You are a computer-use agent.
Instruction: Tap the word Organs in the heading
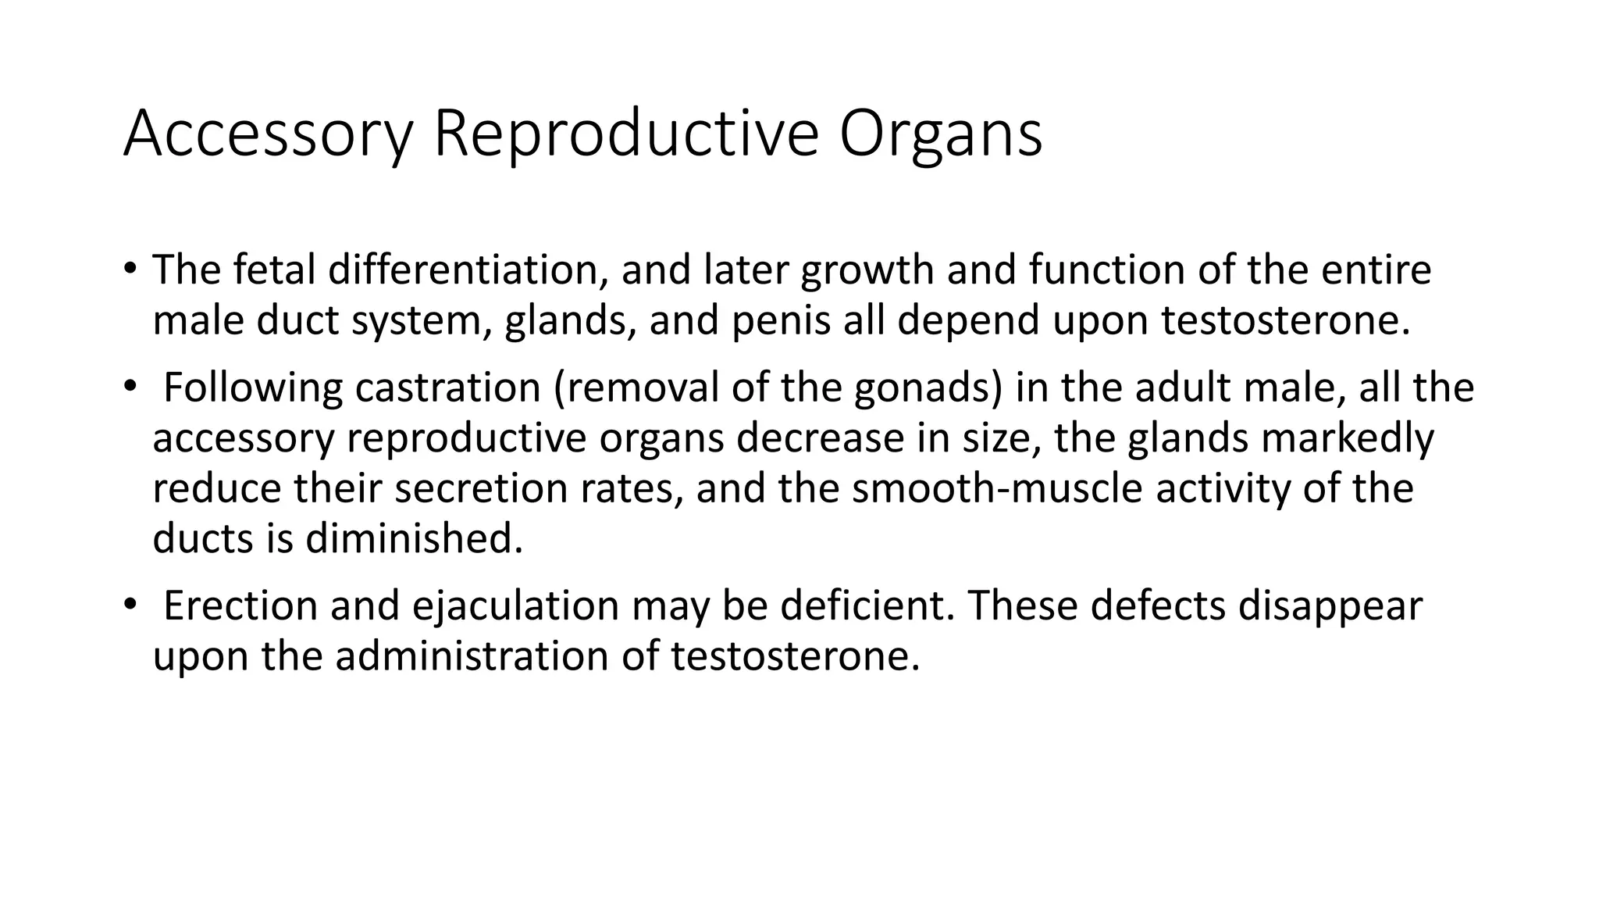click(941, 134)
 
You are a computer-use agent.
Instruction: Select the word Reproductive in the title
click(625, 134)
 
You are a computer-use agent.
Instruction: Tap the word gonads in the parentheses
click(928, 387)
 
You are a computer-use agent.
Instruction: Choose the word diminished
click(414, 538)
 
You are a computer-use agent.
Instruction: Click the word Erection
click(240, 605)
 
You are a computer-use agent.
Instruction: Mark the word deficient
click(867, 605)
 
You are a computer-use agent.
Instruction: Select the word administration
click(472, 656)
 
